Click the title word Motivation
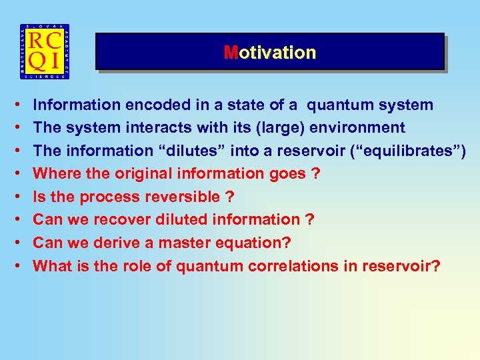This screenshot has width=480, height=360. (x=270, y=53)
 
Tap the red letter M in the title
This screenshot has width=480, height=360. (x=230, y=53)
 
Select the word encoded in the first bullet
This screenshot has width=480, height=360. (x=147, y=105)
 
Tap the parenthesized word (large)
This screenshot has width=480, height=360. (x=276, y=127)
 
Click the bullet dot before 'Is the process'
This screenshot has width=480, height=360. (x=15, y=197)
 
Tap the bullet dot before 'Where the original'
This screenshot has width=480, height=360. (x=15, y=173)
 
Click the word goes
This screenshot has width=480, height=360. (x=290, y=173)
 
